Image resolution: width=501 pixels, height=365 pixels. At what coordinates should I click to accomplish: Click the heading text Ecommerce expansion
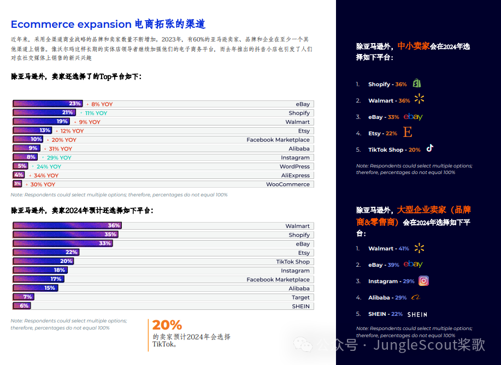pyautogui.click(x=71, y=25)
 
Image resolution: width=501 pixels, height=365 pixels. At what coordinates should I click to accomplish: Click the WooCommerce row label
pyautogui.click(x=287, y=184)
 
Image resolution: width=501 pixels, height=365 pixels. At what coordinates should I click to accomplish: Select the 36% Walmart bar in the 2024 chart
pyautogui.click(x=67, y=226)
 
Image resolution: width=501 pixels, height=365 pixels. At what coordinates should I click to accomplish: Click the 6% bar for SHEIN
pyautogui.click(x=21, y=306)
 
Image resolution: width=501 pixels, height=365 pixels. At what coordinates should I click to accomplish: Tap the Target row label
pyautogui.click(x=300, y=297)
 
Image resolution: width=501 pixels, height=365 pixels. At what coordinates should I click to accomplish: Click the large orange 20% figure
pyautogui.click(x=167, y=325)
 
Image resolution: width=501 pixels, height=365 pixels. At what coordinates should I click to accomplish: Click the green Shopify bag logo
pyautogui.click(x=417, y=83)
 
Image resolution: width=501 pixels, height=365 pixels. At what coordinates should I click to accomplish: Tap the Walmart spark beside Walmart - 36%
pyautogui.click(x=419, y=99)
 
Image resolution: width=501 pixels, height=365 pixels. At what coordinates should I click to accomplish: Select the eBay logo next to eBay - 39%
pyautogui.click(x=413, y=265)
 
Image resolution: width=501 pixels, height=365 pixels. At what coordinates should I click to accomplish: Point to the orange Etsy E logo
pyautogui.click(x=407, y=133)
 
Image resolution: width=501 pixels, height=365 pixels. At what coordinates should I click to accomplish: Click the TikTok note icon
pyautogui.click(x=430, y=148)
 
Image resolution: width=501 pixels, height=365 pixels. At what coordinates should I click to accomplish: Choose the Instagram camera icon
pyautogui.click(x=423, y=281)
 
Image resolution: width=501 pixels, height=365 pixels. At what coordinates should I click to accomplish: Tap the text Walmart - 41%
pyautogui.click(x=388, y=249)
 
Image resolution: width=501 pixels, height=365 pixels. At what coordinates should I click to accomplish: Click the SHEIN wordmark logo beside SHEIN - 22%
pyautogui.click(x=417, y=314)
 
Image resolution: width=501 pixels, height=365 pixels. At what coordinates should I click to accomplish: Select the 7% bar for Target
pyautogui.click(x=23, y=297)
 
